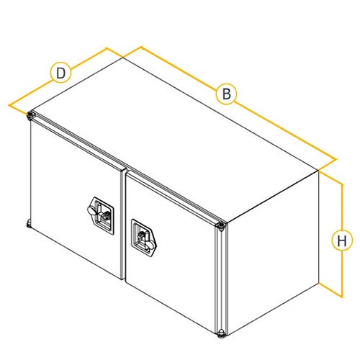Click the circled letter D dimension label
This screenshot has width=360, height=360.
click(x=61, y=73)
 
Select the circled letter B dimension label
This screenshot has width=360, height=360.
click(x=226, y=94)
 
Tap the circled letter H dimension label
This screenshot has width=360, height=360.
click(x=342, y=240)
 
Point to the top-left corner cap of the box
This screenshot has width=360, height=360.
click(x=31, y=115)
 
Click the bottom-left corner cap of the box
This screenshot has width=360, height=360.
click(x=28, y=224)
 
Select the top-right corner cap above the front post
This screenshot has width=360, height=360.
click(x=220, y=226)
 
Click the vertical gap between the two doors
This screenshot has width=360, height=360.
click(x=123, y=225)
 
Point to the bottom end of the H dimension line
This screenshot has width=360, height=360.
click(x=342, y=297)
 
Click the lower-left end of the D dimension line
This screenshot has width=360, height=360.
click(x=9, y=104)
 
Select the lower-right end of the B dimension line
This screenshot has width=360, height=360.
click(x=336, y=159)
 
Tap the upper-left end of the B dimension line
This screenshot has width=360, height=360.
click(x=141, y=47)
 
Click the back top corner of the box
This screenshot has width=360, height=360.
click(x=123, y=58)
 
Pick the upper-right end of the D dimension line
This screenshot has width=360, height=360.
click(x=107, y=48)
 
